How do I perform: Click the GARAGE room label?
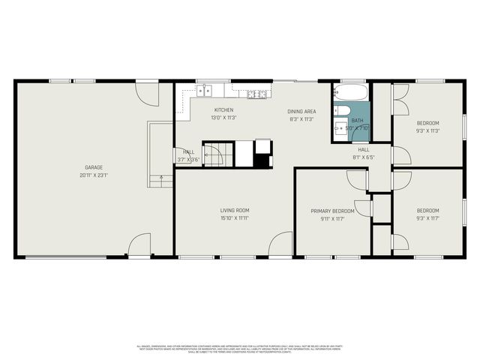[94, 167]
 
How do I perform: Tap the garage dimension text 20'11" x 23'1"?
[94, 175]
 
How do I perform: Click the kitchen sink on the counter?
[204, 91]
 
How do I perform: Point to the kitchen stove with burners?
[257, 94]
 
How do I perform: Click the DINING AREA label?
[301, 111]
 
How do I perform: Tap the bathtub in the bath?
[350, 94]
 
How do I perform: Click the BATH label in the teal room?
[358, 121]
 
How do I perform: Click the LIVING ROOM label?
[235, 210]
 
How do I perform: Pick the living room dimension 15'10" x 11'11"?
[235, 218]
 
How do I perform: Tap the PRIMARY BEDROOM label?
[332, 211]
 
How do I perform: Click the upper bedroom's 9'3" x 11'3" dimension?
[428, 130]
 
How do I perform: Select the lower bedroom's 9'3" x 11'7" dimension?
[428, 219]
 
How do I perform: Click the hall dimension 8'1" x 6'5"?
[363, 157]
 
